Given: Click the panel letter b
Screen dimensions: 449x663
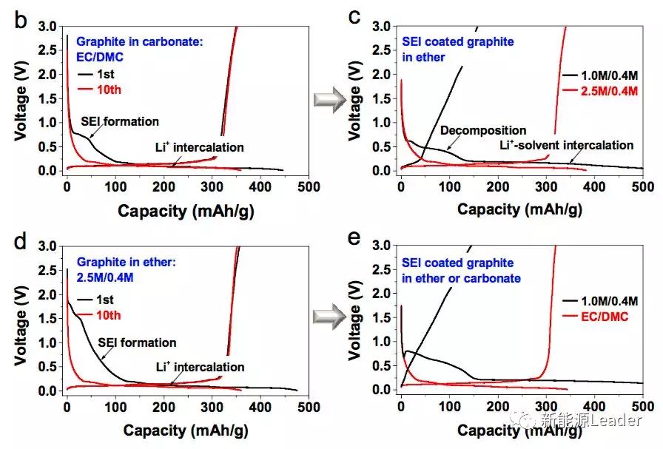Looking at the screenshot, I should coord(20,20).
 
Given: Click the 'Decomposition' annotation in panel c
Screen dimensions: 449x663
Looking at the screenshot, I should coord(483,131).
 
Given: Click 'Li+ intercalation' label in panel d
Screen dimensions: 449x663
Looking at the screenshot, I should coord(200,366).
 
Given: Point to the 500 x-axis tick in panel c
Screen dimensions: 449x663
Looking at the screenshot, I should coord(642,186).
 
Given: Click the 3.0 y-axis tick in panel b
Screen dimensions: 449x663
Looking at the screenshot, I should coord(48,27).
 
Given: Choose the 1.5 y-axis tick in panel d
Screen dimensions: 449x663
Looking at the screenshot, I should coord(48,318).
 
